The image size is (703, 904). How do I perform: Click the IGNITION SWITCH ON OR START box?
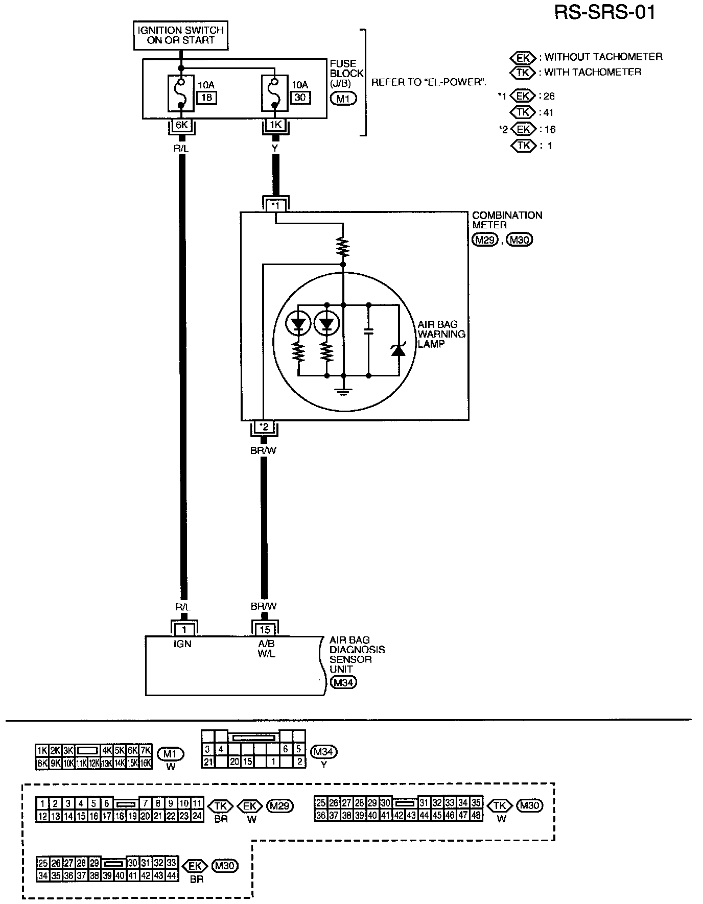click(180, 35)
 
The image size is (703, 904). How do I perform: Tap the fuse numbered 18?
click(181, 93)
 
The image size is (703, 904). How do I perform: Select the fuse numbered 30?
click(274, 93)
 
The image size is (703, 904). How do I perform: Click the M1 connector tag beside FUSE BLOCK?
click(343, 99)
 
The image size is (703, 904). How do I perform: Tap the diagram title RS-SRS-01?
click(604, 12)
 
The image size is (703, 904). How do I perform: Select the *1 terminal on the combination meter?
click(275, 205)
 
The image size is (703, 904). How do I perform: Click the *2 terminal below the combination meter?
click(264, 427)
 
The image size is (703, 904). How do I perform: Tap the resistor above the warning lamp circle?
click(344, 247)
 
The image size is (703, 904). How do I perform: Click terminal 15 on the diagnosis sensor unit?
click(265, 630)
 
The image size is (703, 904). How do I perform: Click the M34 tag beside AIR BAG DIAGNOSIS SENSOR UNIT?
click(343, 682)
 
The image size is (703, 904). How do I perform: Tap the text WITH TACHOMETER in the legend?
click(593, 72)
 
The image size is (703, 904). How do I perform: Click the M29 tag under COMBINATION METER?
click(484, 240)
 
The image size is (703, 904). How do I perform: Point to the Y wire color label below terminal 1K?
click(275, 148)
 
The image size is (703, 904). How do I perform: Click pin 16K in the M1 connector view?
click(145, 764)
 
